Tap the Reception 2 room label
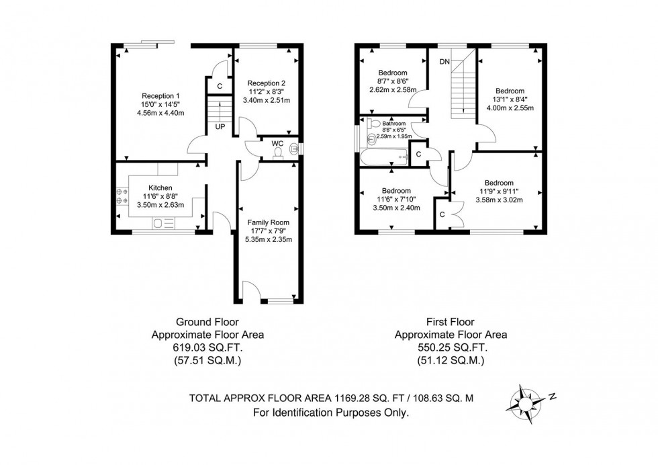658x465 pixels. [266, 83]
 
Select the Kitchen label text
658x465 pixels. [160, 187]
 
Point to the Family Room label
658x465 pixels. [268, 222]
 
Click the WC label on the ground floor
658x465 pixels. [277, 143]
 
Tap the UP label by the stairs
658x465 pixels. [220, 126]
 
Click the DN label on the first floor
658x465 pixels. [444, 62]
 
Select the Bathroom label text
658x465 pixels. [393, 124]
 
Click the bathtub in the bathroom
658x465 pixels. [384, 157]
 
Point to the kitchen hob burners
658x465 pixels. [122, 196]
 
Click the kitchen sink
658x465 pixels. [164, 224]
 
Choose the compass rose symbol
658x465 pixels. [524, 404]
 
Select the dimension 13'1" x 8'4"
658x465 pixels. [510, 99]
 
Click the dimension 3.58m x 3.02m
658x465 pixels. [499, 200]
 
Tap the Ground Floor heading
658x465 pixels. [207, 322]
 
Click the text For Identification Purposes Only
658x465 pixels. [330, 413]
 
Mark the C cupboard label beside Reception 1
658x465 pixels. [220, 87]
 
